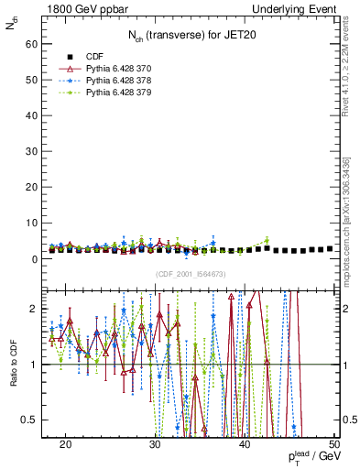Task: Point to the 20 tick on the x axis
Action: click(66, 444)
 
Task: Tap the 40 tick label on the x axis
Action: click(245, 444)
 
